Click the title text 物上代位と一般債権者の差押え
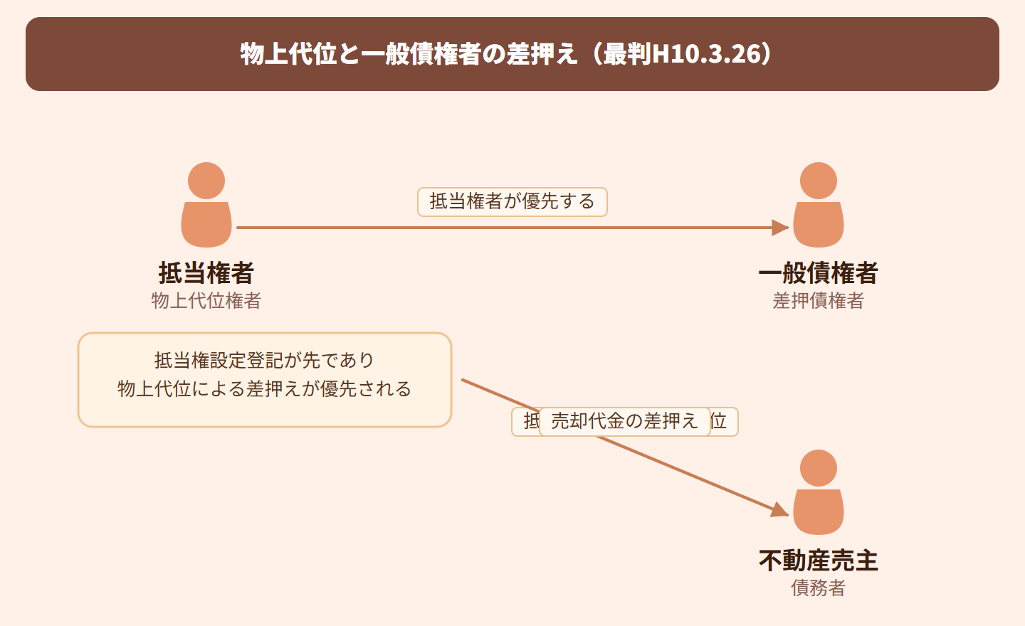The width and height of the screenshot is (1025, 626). coord(409,54)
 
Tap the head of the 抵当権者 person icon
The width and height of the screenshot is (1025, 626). coord(206,181)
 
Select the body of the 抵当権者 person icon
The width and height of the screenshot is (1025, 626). coord(206,225)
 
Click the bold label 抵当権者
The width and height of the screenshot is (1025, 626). coord(206,273)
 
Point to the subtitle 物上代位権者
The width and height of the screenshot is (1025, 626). coord(206,301)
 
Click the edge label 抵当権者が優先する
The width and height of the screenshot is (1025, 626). coord(512,202)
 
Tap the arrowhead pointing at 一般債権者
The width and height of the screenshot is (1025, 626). coord(781,228)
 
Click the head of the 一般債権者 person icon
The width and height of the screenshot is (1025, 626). coord(819,181)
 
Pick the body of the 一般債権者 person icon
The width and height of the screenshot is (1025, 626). coord(819,225)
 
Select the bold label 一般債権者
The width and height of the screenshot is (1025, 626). coord(819,273)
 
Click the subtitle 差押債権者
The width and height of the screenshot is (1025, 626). coord(819,301)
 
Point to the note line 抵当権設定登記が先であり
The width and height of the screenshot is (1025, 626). coord(264,361)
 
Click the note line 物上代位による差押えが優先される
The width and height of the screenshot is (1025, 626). coord(264,389)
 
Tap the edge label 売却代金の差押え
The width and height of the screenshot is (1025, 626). coord(624,422)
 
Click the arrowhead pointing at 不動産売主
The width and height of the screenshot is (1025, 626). coord(780,510)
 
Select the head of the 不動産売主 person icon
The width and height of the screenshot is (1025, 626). coord(819,468)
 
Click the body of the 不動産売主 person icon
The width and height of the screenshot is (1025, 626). coord(819,512)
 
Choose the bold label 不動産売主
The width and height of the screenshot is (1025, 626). coord(819,561)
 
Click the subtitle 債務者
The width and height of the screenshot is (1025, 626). coord(819,588)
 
